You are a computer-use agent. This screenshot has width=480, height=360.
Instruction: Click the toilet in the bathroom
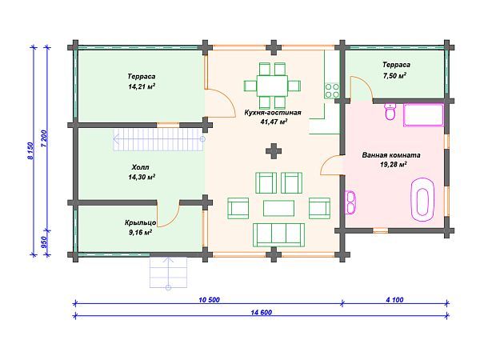[390, 112]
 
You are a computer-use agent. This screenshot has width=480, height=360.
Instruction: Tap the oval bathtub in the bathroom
[422, 199]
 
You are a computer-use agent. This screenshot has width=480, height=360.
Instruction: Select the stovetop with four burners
[332, 90]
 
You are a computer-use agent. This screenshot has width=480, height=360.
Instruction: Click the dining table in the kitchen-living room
[272, 86]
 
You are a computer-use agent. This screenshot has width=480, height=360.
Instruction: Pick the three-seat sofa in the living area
[278, 234]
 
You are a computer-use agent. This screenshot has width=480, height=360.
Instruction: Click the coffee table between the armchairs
[278, 208]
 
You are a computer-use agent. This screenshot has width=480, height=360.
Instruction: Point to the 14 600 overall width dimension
[261, 313]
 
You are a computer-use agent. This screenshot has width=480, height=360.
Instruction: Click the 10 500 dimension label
[209, 300]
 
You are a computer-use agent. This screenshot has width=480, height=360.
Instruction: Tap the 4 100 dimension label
[394, 300]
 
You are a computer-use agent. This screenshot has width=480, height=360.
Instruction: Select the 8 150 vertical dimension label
[30, 150]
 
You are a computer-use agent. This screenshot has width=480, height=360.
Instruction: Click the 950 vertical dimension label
[43, 242]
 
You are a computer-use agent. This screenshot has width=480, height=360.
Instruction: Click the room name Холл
[141, 167]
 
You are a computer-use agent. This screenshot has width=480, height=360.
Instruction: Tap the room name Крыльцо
[140, 222]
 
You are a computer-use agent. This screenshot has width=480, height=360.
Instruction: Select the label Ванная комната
[391, 155]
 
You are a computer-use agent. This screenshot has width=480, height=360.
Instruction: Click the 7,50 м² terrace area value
[394, 75]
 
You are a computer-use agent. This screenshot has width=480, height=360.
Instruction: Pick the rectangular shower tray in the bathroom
[424, 115]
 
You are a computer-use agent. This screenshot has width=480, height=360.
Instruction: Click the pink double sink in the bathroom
[350, 202]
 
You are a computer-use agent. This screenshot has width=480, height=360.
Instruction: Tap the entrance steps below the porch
[168, 273]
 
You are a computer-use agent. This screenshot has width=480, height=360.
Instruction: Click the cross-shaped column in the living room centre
[274, 151]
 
